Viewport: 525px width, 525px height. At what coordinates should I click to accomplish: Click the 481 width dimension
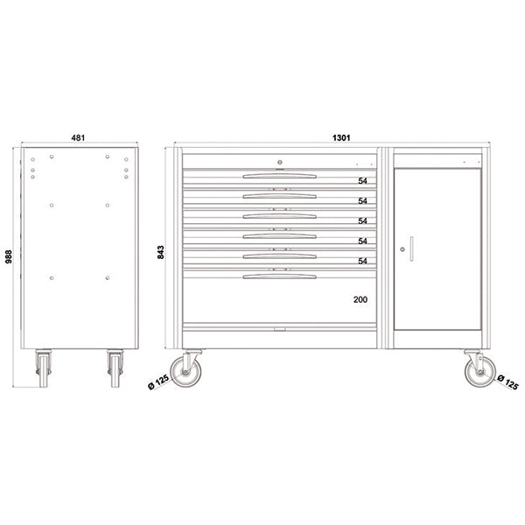pos(80,137)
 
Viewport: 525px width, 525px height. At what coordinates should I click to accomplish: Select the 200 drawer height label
pos(360,300)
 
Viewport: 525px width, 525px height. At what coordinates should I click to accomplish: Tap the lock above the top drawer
pos(279,160)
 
